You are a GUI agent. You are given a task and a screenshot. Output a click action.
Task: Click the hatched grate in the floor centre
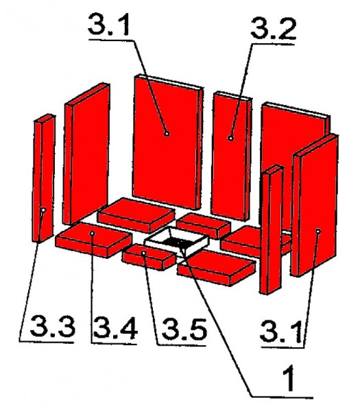point(178,241)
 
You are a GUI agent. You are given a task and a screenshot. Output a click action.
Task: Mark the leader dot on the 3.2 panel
point(231,138)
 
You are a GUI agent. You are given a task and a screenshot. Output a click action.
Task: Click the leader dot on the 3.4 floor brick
point(92,233)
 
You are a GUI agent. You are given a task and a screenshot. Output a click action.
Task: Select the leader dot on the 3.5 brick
point(143,253)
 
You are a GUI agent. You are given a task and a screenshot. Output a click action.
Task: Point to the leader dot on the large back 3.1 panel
point(167,134)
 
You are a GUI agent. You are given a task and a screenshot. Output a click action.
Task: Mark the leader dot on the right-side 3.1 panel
point(319,233)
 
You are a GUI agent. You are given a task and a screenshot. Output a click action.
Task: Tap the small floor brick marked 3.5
point(147,258)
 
